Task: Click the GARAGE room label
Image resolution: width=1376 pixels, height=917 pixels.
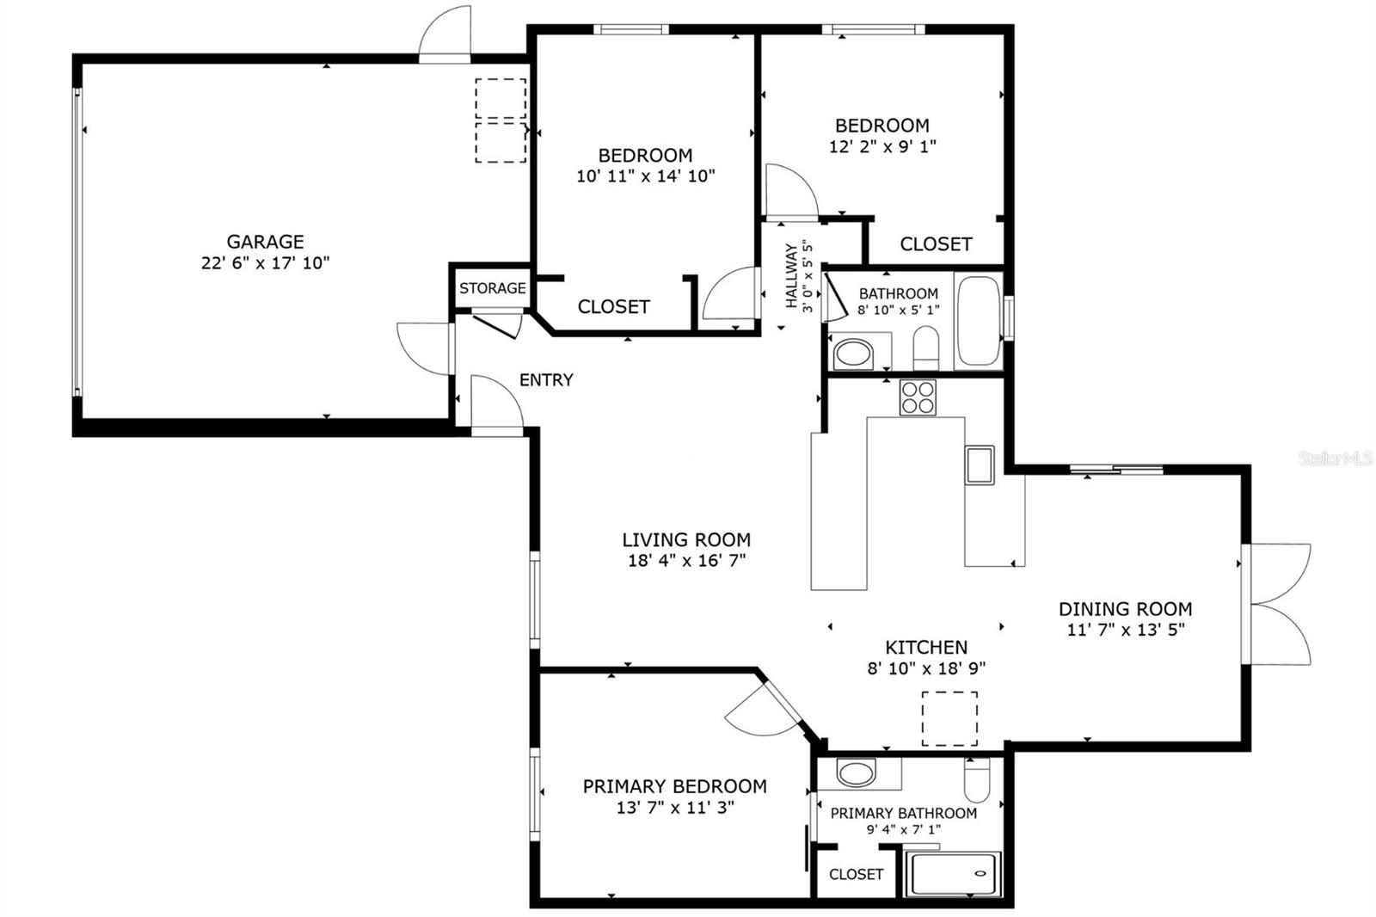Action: pyautogui.click(x=265, y=242)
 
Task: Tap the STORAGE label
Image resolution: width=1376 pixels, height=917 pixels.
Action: pyautogui.click(x=492, y=288)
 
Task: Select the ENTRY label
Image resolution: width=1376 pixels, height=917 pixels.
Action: pyautogui.click(x=546, y=380)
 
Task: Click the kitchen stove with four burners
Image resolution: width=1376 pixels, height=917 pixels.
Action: pyautogui.click(x=918, y=397)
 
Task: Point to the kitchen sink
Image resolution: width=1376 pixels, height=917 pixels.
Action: pyautogui.click(x=979, y=465)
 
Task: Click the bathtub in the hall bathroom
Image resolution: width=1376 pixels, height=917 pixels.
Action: pyautogui.click(x=979, y=320)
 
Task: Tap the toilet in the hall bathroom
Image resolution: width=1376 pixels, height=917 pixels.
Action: pyautogui.click(x=925, y=346)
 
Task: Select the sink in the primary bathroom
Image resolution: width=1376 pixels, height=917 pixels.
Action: pyautogui.click(x=856, y=772)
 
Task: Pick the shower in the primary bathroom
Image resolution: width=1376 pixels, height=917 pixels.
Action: pyautogui.click(x=954, y=873)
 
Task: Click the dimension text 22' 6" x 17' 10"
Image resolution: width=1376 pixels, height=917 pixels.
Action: pyautogui.click(x=265, y=263)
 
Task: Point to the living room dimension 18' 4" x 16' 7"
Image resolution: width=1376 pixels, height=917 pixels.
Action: pyautogui.click(x=686, y=561)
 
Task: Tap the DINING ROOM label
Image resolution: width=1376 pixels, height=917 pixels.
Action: pyautogui.click(x=1125, y=609)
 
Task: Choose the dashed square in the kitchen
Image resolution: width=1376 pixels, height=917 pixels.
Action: pyautogui.click(x=949, y=718)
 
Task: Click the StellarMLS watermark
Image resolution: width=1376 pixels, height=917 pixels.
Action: pyautogui.click(x=1335, y=459)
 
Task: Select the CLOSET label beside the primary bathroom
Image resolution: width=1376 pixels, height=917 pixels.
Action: pyautogui.click(x=856, y=874)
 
